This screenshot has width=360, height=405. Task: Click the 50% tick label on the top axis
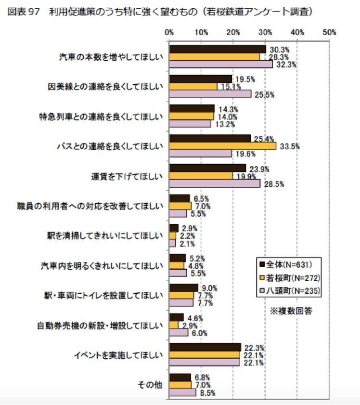329,33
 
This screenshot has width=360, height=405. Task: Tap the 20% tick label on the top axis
233,33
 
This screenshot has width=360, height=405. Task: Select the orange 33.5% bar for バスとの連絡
222,146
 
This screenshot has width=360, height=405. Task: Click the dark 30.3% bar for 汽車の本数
218,49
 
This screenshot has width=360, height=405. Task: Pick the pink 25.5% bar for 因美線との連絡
210,94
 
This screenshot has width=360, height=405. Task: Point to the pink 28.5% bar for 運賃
215,183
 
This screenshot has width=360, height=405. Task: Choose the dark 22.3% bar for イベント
205,347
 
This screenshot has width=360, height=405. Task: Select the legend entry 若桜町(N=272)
289,277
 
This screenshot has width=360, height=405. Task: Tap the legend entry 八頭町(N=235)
289,290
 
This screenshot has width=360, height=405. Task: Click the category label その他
151,385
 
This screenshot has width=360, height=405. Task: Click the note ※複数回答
291,311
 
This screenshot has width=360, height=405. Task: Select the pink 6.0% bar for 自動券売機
179,332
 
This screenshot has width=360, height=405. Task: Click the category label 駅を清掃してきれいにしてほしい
103,235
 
